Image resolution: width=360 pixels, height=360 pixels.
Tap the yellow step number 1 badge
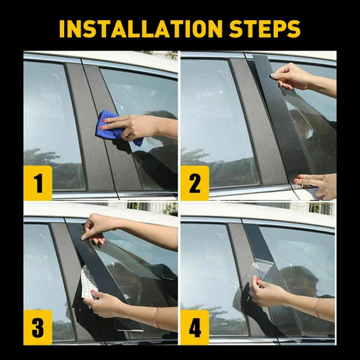click(x=37, y=183)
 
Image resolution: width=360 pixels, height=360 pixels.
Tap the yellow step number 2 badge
click(x=194, y=183)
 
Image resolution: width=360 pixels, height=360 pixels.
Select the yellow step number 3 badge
click(x=37, y=330)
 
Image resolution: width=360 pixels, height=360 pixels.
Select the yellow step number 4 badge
click(x=194, y=330)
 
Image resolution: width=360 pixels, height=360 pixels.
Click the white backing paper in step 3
click(x=88, y=283)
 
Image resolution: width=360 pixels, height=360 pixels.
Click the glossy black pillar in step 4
click(x=263, y=248)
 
